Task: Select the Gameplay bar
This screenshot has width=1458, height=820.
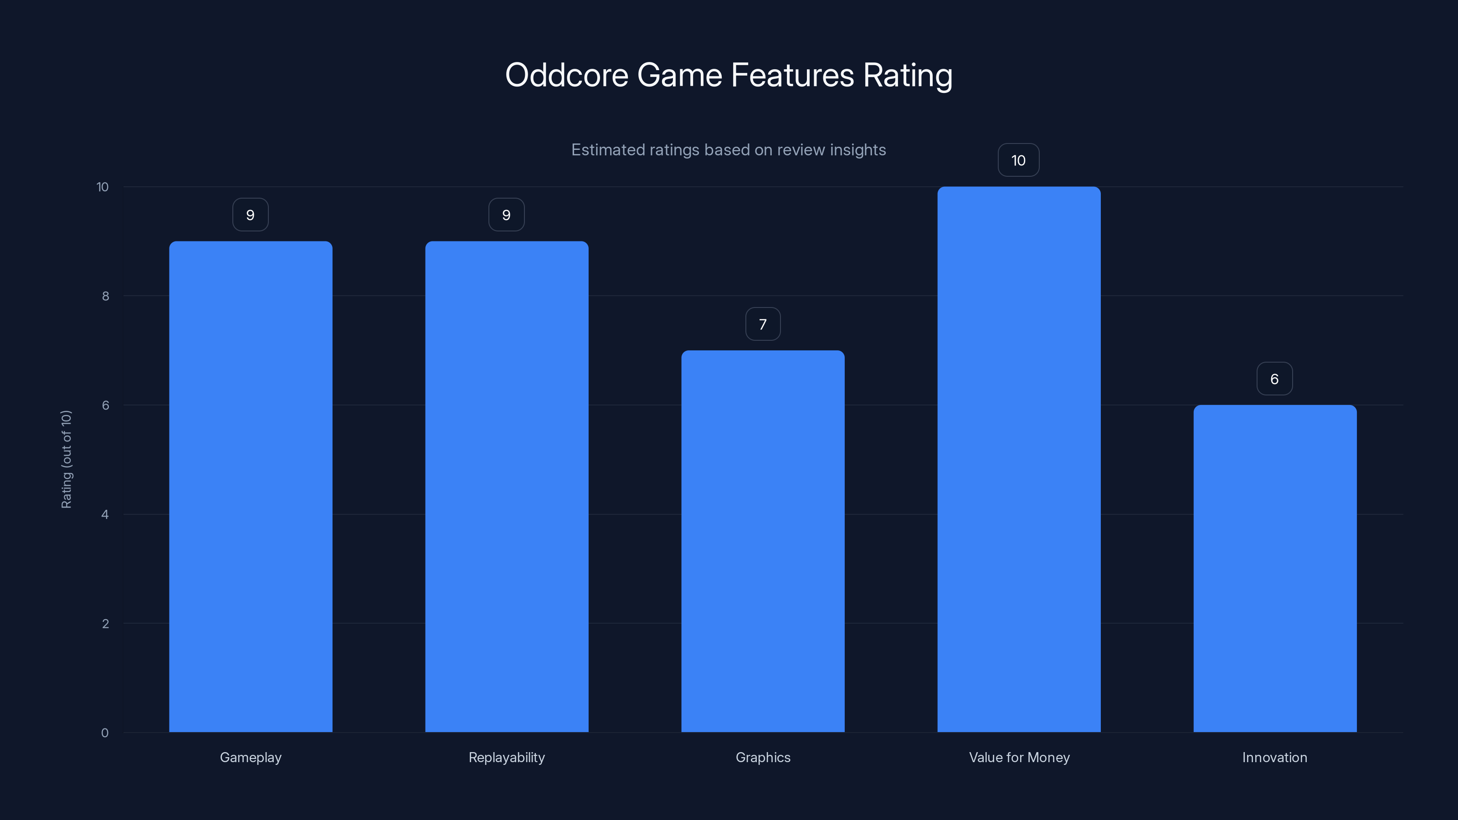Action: (x=250, y=487)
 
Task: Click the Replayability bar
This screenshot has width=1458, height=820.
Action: (x=507, y=487)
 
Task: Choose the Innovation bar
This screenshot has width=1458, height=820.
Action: (x=1275, y=568)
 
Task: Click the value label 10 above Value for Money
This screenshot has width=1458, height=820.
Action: (x=1018, y=160)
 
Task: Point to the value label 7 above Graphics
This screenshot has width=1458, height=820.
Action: (x=762, y=324)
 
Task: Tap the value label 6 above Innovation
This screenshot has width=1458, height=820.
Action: (x=1274, y=379)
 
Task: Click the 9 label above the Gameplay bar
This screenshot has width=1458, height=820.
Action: (x=250, y=215)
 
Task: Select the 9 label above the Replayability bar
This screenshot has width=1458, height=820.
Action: (x=506, y=215)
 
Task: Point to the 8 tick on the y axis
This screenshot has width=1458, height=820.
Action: (x=105, y=296)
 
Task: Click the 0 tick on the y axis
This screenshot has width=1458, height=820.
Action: (x=105, y=733)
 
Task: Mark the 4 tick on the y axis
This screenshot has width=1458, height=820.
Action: (x=105, y=514)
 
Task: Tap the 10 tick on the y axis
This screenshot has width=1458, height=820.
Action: (x=103, y=187)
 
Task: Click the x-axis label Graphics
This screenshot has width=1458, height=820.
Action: (x=762, y=757)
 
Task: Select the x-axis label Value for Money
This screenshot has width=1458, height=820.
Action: (x=1019, y=757)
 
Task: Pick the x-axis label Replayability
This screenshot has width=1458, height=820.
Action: (x=507, y=757)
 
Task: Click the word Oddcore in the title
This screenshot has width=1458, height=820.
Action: (x=566, y=75)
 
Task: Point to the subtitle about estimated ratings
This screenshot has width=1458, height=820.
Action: (x=729, y=150)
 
